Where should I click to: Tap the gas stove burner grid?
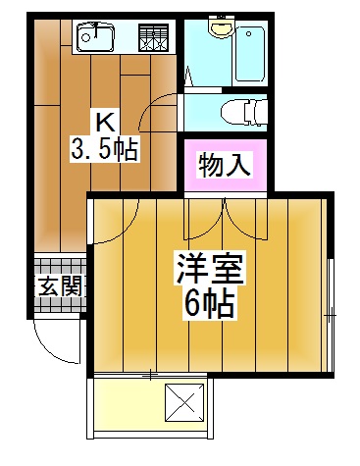155,38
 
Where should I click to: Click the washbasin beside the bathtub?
217,31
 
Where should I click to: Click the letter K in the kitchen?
104,123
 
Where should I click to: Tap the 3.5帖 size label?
104,150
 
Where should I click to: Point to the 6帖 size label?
209,305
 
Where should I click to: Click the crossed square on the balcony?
183,402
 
